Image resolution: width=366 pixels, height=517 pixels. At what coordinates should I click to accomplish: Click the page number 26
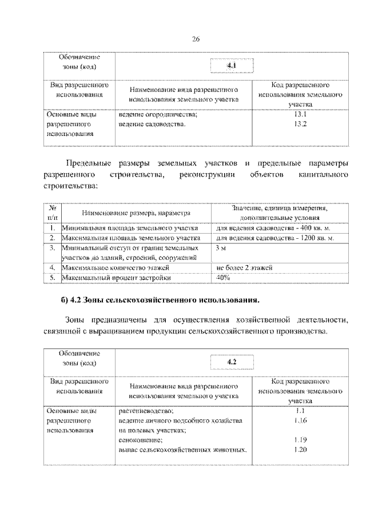point(195,39)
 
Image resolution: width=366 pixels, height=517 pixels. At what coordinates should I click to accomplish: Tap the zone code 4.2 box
point(232,363)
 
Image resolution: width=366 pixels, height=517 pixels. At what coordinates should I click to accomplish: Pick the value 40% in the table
point(223,278)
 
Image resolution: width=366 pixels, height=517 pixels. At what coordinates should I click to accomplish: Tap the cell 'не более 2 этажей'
point(244,267)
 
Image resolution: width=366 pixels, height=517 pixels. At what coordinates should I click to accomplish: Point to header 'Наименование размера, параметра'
point(135,213)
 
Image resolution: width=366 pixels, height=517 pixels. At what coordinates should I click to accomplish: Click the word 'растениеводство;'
point(146,411)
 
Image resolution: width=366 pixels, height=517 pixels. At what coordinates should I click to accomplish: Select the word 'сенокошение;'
point(140,440)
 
